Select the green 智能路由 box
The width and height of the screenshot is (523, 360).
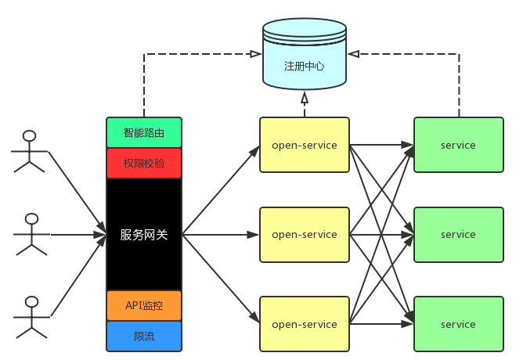coord(144,132)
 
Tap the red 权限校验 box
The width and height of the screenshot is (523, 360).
coord(144,163)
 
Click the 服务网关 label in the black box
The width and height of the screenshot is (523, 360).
coord(144,235)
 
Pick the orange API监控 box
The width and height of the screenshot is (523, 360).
coord(144,305)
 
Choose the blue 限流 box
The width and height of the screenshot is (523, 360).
coord(144,336)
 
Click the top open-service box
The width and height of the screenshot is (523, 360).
coord(304,145)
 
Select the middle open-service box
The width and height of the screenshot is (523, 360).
coord(304,235)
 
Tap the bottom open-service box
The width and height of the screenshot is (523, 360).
coord(304,324)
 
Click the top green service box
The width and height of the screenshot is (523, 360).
coord(458,145)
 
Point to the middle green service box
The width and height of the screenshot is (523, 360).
coord(458,235)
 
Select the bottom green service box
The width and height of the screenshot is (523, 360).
coord(458,324)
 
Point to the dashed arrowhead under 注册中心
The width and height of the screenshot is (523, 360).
coord(305,98)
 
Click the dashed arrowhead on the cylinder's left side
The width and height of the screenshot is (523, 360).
coord(255,54)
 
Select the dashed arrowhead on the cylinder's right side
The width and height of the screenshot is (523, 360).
coord(354,54)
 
